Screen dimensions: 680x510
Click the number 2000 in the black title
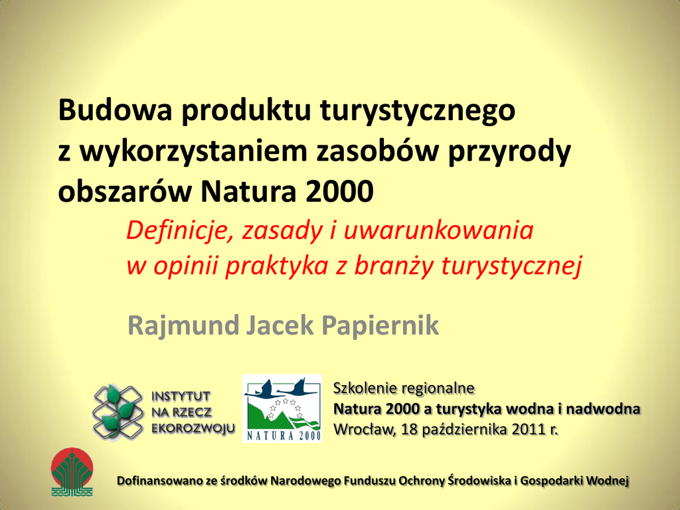pos(339,191)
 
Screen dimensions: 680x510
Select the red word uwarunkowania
pos(438,230)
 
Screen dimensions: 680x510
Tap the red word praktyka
pos(277,266)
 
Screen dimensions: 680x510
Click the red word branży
pos(394,266)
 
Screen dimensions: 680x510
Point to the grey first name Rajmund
pos(183,325)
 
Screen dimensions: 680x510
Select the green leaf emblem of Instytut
pos(118,412)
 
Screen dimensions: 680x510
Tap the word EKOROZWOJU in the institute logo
pos(193,428)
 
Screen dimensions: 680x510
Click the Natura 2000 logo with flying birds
pos(282,408)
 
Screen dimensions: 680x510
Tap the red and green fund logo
pos(72,472)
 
